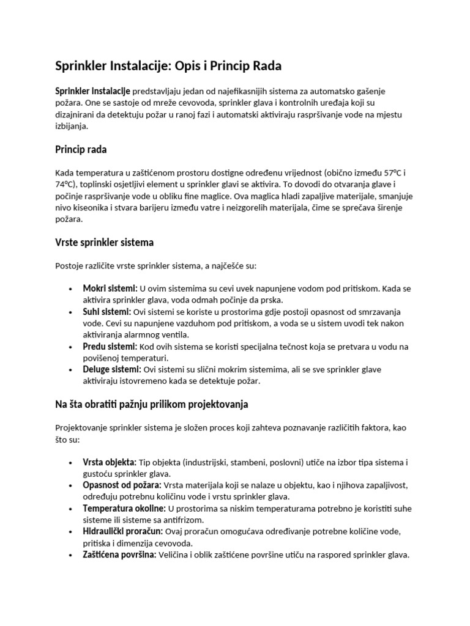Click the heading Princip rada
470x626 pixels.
[x=81, y=149]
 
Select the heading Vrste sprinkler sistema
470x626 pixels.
[x=104, y=243]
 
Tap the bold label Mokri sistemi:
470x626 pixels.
[x=110, y=289]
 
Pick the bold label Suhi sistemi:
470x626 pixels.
[x=107, y=312]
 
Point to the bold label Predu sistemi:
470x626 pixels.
[x=110, y=347]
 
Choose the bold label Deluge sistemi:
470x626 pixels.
[x=112, y=370]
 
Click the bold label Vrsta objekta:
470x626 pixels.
[x=110, y=462]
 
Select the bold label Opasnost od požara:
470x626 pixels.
[x=122, y=485]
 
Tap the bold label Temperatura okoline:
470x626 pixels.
[x=124, y=509]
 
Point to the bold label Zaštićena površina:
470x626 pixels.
[x=119, y=555]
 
